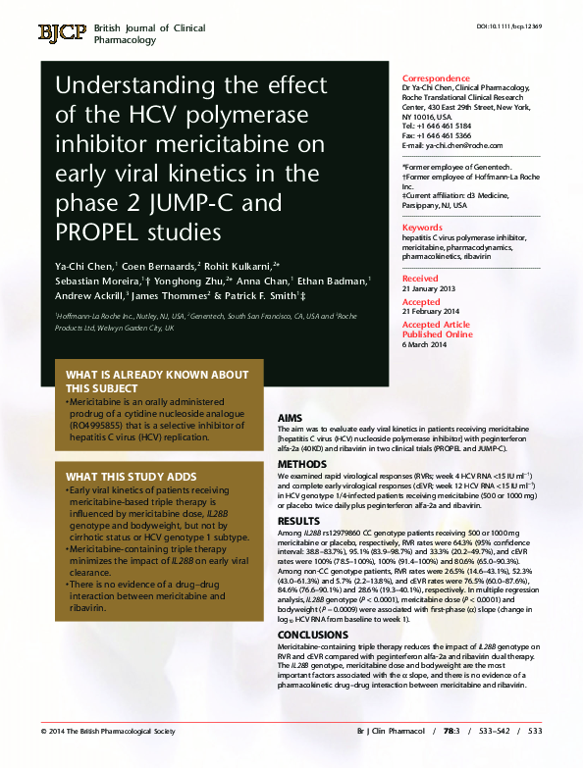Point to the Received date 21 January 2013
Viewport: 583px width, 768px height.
click(x=429, y=289)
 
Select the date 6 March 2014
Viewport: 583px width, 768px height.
click(x=425, y=344)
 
